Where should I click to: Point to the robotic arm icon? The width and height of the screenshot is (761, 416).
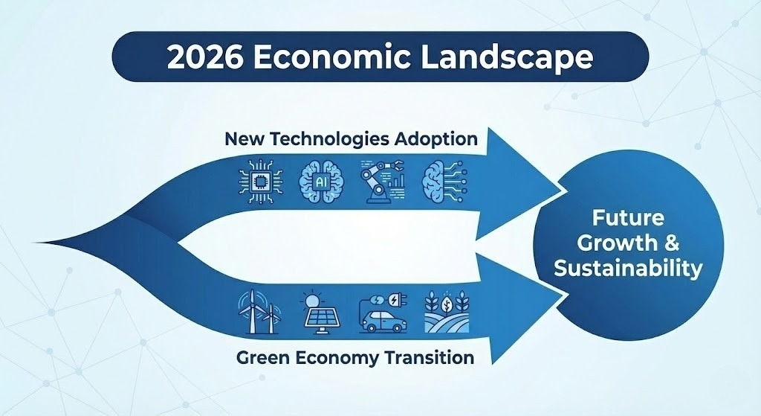(380, 181)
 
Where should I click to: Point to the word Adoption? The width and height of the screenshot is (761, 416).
(435, 138)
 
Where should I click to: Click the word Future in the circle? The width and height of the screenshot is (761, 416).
(627, 219)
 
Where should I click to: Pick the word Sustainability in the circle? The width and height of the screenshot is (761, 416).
(627, 268)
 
